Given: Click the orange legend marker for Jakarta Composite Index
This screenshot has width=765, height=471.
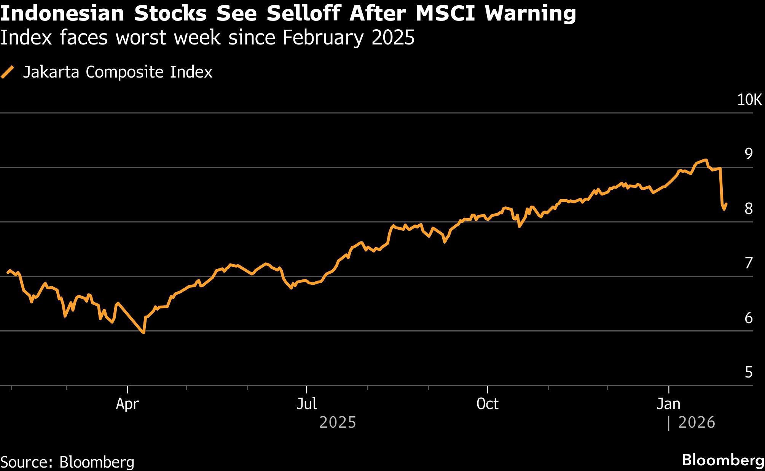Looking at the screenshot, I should (8, 72).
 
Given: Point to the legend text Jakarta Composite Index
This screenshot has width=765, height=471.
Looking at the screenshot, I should (117, 72).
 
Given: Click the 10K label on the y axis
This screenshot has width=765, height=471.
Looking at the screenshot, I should (749, 100).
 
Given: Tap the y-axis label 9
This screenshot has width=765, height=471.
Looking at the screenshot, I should (748, 154).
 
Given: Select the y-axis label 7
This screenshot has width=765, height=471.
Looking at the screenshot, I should (748, 263).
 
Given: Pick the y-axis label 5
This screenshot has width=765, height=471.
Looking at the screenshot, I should (748, 372).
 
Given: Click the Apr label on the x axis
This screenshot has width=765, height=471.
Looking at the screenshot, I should (127, 404).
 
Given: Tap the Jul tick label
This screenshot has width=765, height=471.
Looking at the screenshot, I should (306, 404).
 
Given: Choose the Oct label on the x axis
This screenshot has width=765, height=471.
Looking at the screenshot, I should (487, 404).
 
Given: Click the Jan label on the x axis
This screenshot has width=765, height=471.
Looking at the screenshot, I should (668, 404).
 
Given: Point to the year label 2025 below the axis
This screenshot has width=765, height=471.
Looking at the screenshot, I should (337, 422).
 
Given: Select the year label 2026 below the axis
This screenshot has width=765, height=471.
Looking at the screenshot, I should (696, 422).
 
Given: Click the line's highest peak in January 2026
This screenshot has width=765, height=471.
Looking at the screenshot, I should (706, 160).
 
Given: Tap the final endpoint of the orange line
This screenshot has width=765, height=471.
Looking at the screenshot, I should (726, 204).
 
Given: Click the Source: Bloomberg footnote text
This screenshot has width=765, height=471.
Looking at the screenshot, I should (67, 462).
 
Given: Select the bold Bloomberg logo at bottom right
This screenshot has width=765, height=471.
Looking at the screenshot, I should (723, 460).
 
